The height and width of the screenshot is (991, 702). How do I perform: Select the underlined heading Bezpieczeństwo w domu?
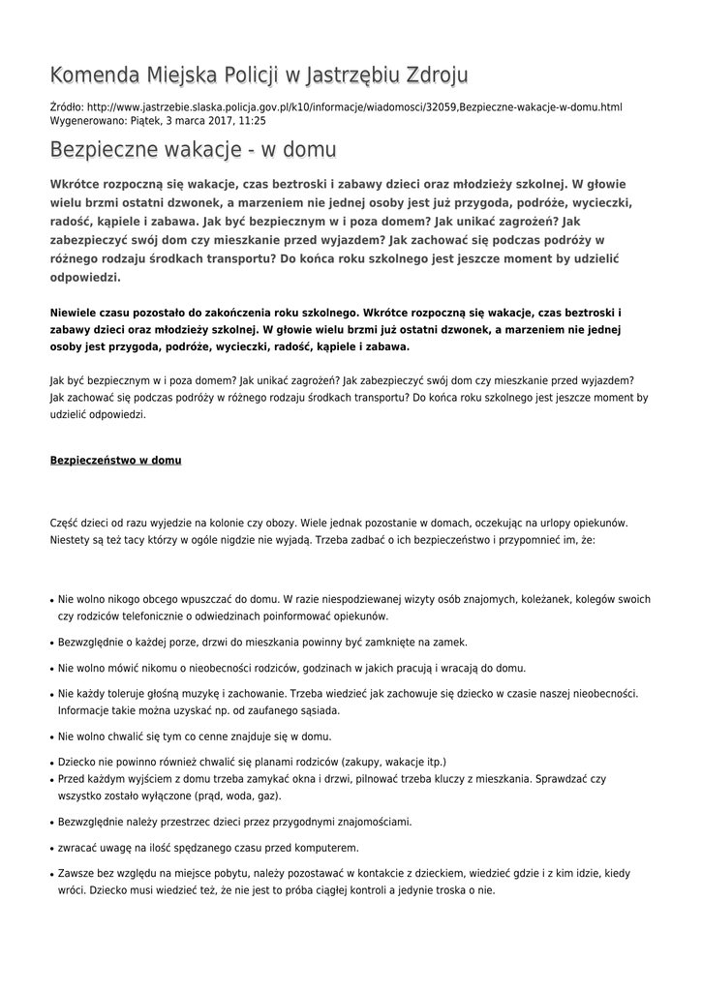click(115, 460)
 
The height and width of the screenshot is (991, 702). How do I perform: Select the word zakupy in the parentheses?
click(363, 762)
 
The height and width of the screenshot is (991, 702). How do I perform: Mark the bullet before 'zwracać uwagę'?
click(51, 849)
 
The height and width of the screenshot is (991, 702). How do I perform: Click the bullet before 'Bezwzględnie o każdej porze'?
click(51, 643)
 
